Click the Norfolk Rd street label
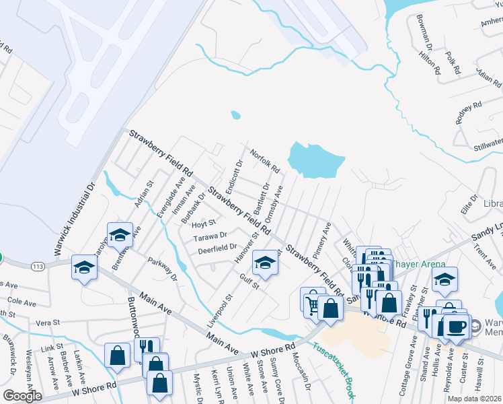pyautogui.click(x=266, y=161)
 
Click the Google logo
pyautogui.click(x=22, y=396)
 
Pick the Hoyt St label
pyautogui.click(x=202, y=222)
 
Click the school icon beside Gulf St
pyautogui.click(x=265, y=263)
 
